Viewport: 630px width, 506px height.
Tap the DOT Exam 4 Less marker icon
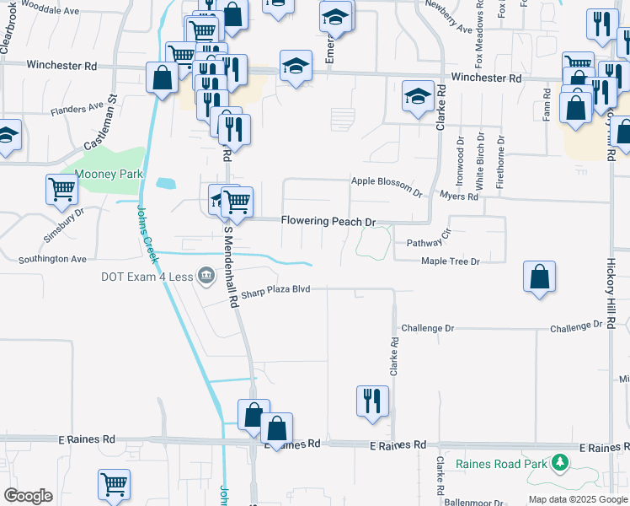(x=206, y=275)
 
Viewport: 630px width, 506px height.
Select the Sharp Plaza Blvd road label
(x=275, y=289)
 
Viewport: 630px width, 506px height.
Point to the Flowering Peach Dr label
(x=328, y=221)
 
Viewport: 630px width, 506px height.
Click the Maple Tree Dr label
(x=450, y=261)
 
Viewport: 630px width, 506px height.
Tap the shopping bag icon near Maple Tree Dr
(x=539, y=277)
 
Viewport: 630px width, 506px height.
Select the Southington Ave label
(x=54, y=259)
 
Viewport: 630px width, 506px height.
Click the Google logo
(x=28, y=496)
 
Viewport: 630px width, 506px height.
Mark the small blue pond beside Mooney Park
(x=166, y=182)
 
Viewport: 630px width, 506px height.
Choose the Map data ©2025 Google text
(x=578, y=499)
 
